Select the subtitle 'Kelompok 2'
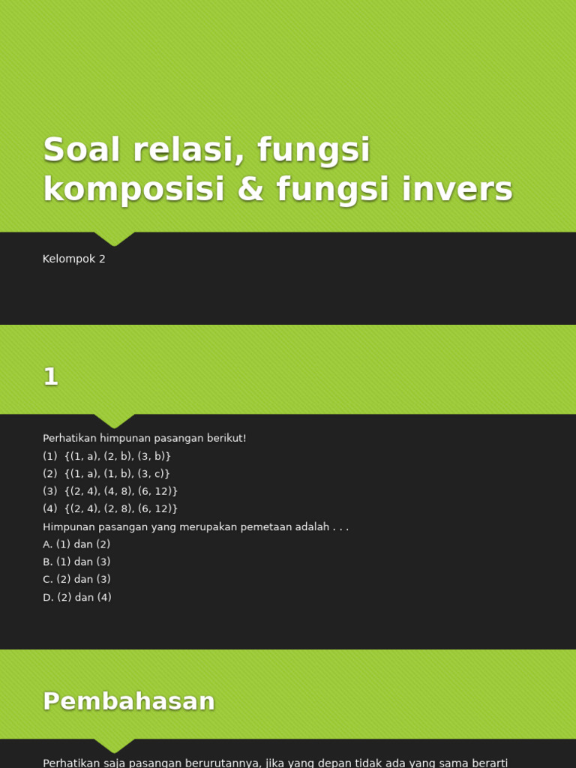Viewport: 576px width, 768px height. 74,259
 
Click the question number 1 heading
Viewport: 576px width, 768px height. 50,376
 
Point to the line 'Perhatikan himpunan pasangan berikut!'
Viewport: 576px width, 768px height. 144,438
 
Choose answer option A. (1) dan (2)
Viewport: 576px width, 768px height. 76,544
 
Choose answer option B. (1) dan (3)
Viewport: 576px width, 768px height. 76,562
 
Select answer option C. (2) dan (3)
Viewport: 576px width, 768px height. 76,580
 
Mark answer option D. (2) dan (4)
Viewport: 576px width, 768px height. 76,598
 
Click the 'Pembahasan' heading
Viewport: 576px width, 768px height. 129,701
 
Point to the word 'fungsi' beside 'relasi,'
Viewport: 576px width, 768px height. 313,150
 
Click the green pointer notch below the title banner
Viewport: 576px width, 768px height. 114,238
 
